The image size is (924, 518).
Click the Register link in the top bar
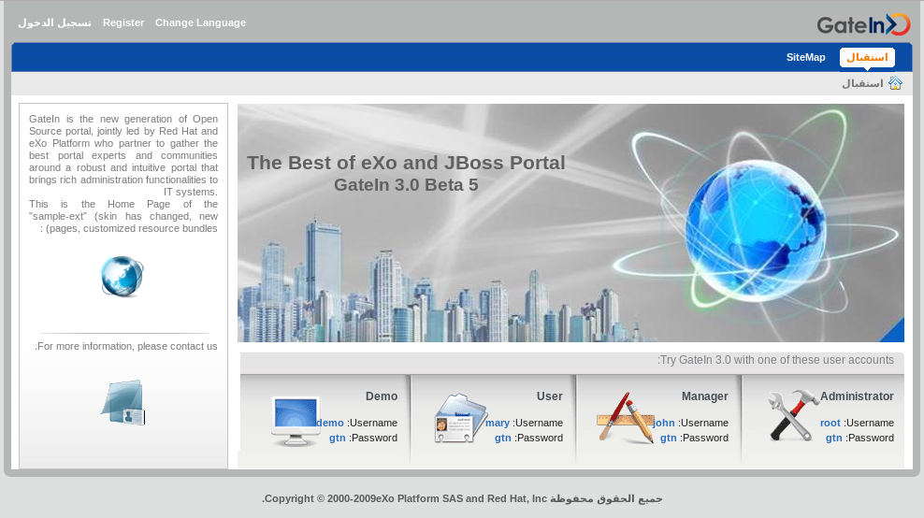pos(123,22)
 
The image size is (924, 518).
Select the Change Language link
pos(200,22)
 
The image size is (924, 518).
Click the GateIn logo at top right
pos(863,24)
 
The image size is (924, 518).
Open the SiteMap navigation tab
pos(805,57)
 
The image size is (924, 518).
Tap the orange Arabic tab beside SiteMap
pos(867,57)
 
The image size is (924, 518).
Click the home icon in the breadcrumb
pos(895,83)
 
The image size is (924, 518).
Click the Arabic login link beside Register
pos(55,22)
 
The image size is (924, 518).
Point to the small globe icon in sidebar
pos(122,277)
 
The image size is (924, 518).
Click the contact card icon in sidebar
pos(123,402)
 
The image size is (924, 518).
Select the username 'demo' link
pos(330,423)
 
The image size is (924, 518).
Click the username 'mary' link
pos(498,423)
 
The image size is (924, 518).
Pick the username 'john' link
pos(663,423)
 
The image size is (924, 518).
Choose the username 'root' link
pos(830,423)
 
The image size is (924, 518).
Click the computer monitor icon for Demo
pos(296,421)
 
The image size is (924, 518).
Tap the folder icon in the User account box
pos(460,418)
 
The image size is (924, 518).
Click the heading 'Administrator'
pos(857,396)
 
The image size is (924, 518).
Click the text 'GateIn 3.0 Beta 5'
pos(406,185)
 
